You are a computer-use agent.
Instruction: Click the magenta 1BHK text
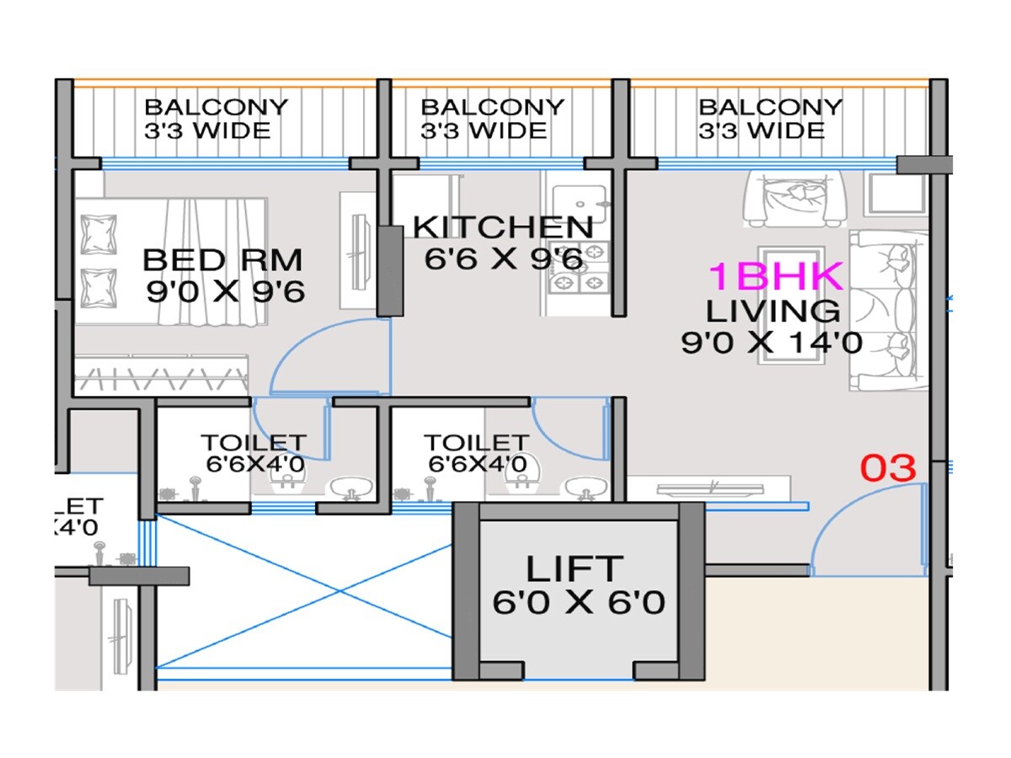click(x=774, y=277)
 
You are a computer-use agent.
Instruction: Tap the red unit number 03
click(x=887, y=469)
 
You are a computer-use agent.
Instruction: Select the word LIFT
click(x=575, y=569)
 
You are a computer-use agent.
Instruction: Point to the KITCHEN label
click(x=503, y=227)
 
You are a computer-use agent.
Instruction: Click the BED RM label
click(x=222, y=260)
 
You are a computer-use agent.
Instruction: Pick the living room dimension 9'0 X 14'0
click(x=771, y=343)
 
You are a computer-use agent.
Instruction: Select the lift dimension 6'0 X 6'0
click(x=579, y=603)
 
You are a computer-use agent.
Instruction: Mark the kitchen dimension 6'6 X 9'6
click(x=503, y=259)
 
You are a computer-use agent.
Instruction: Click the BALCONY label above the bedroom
click(x=216, y=108)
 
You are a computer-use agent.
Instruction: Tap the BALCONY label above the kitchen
click(x=492, y=108)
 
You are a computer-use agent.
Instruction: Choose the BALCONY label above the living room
click(x=770, y=108)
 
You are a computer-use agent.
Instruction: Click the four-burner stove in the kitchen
click(x=579, y=268)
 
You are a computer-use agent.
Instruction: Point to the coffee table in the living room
click(x=790, y=305)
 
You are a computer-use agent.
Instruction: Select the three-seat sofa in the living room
click(x=889, y=311)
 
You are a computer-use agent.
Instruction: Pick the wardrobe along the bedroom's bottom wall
click(x=160, y=375)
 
